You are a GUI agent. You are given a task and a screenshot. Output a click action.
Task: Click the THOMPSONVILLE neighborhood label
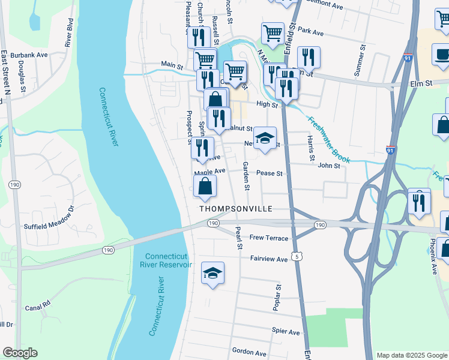[x=236, y=209]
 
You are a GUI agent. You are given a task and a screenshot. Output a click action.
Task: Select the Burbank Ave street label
[x=33, y=55]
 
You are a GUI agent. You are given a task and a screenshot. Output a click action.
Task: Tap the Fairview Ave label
[x=269, y=259]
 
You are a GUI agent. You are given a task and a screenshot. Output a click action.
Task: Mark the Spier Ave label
[x=285, y=332]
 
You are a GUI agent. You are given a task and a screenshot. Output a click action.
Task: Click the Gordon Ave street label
[x=249, y=353]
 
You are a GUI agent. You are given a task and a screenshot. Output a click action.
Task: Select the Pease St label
[x=269, y=173]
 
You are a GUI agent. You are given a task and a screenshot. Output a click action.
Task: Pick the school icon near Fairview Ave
[x=212, y=274]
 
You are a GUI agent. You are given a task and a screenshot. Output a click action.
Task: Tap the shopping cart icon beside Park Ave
[x=273, y=34]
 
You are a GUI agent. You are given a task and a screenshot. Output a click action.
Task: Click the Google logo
[x=20, y=353]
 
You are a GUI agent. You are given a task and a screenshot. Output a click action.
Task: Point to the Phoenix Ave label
[x=433, y=258]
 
